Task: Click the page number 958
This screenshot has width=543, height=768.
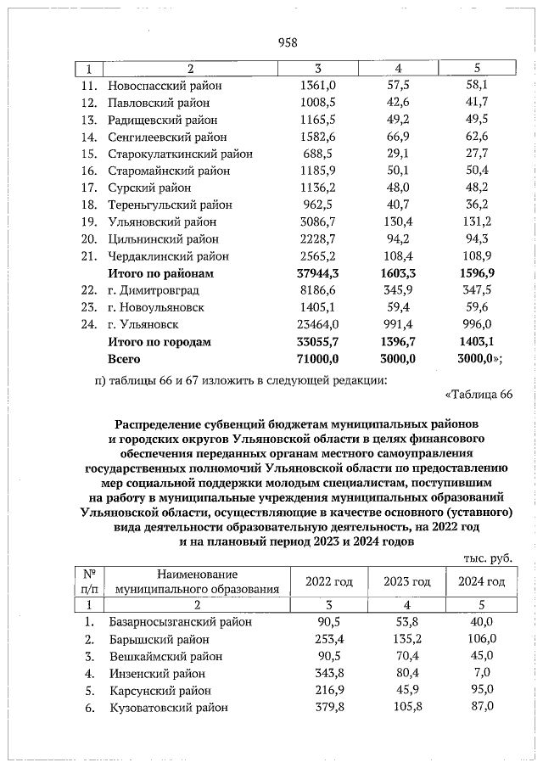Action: (x=288, y=42)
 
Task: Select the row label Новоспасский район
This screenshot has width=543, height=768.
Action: (x=164, y=85)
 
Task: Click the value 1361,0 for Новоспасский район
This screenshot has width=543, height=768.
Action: (x=319, y=85)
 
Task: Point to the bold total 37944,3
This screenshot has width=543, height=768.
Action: (x=316, y=273)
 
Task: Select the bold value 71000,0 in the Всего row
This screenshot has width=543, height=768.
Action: (x=316, y=359)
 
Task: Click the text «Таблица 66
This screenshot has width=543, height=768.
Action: (x=479, y=395)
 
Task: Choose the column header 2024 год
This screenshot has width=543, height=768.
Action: (x=481, y=581)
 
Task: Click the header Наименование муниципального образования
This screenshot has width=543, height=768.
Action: (x=197, y=581)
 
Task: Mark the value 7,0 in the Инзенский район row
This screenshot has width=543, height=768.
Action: (x=481, y=674)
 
